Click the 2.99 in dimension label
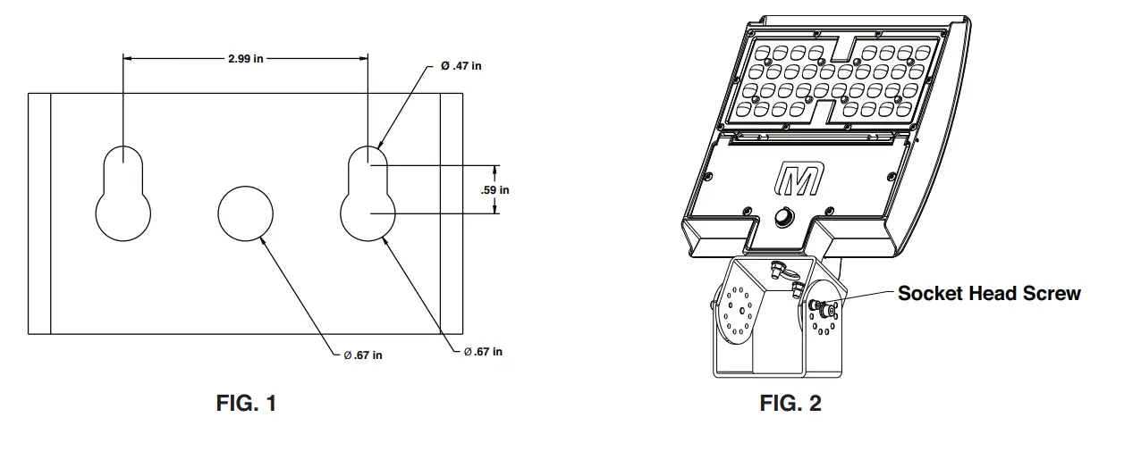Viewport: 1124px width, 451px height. click(x=245, y=59)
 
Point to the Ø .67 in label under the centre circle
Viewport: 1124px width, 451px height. click(x=363, y=355)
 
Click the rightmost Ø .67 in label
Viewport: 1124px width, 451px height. click(x=483, y=352)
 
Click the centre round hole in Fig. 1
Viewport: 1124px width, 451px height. click(x=245, y=213)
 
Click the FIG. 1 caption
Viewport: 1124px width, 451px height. click(x=246, y=404)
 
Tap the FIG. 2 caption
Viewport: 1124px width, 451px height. click(x=790, y=404)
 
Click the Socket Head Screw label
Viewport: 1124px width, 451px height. click(x=989, y=293)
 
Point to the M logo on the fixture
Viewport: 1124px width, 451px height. click(x=798, y=180)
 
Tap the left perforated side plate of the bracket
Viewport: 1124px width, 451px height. click(x=739, y=314)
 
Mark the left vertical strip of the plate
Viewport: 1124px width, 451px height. click(x=39, y=213)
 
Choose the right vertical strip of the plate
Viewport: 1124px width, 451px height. click(x=451, y=213)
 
